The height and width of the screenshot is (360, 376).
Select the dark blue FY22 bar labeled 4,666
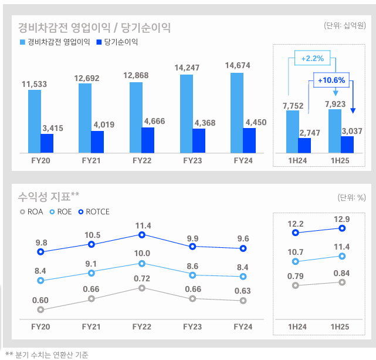click(148, 140)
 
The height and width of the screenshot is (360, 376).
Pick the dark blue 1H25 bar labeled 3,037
click(347, 144)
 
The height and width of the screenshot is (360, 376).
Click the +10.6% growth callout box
click(331, 80)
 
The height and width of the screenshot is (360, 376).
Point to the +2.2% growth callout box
click(312, 58)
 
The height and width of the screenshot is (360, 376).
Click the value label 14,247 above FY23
click(187, 68)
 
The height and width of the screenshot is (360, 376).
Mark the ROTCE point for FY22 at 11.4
click(141, 235)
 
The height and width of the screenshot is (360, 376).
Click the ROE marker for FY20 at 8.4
click(40, 281)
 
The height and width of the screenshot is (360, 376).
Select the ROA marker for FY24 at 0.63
click(243, 301)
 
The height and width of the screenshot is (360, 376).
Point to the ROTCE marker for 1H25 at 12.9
click(342, 228)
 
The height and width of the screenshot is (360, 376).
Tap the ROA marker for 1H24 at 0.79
click(296, 285)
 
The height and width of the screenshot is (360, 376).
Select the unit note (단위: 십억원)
click(344, 25)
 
